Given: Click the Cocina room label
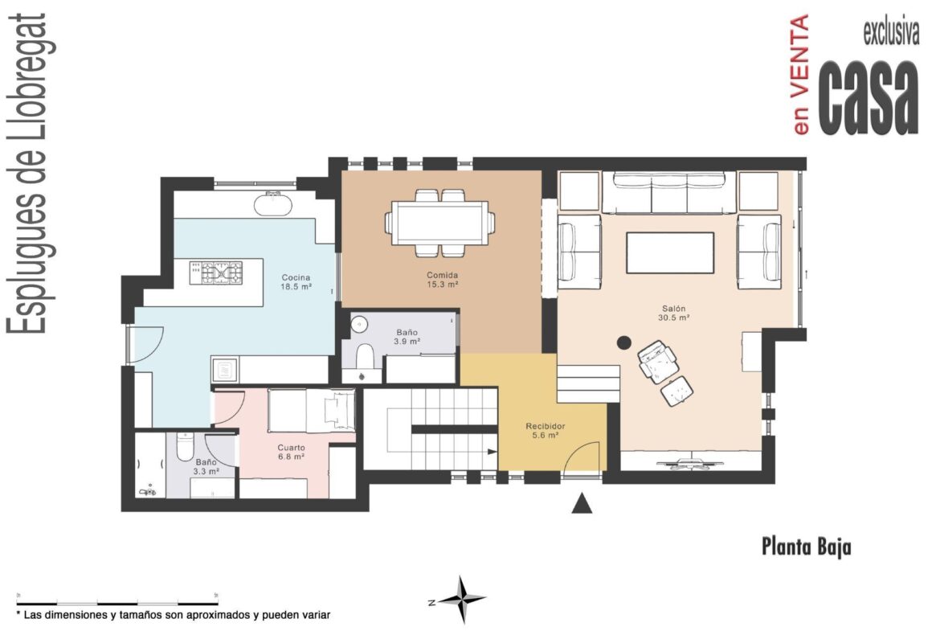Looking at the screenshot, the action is (x=296, y=282).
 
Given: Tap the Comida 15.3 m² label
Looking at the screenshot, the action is (x=443, y=280).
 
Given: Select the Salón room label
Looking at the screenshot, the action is (x=674, y=313).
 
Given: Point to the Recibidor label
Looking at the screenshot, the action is (x=546, y=431).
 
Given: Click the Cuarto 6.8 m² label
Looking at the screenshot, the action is (x=292, y=452).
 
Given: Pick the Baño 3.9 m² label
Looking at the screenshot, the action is (x=407, y=337).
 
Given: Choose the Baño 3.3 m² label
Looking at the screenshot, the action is (x=206, y=467).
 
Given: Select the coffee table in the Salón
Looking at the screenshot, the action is (x=670, y=252).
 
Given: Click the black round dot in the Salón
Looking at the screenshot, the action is (x=624, y=342).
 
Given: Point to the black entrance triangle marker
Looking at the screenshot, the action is (x=582, y=504).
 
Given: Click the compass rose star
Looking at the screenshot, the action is (x=461, y=599).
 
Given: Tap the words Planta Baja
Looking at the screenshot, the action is (x=807, y=547).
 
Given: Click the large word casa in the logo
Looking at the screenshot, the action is (x=868, y=97).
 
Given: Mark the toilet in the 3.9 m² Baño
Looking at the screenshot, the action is (x=365, y=355).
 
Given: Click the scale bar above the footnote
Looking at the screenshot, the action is (x=117, y=602).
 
